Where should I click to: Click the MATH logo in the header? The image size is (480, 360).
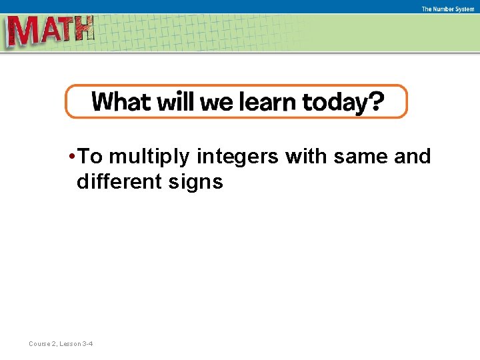click(x=50, y=31)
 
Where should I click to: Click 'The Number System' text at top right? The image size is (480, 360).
click(x=447, y=9)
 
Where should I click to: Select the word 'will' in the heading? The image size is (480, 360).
click(x=175, y=102)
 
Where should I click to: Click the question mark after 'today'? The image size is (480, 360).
click(x=377, y=102)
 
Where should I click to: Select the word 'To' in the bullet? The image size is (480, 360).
click(x=90, y=157)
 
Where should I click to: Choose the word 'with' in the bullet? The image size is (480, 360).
click(x=307, y=157)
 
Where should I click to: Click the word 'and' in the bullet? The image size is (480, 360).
click(x=413, y=157)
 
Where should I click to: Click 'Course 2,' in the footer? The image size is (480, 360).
click(x=43, y=344)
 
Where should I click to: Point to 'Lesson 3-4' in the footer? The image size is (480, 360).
click(x=77, y=344)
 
